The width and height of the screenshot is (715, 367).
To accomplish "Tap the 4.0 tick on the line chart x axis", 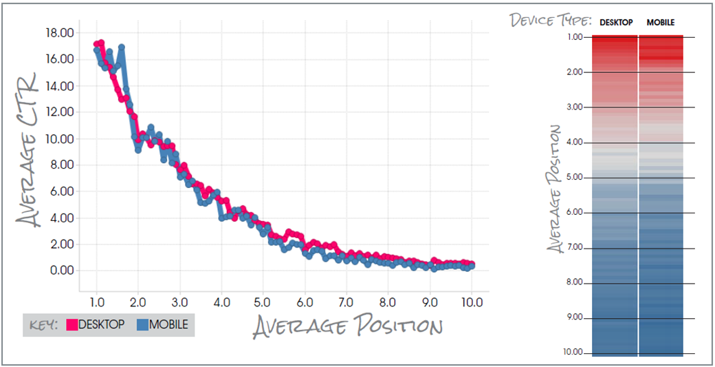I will [221, 302].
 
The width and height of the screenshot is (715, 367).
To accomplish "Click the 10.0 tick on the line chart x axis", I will [472, 302].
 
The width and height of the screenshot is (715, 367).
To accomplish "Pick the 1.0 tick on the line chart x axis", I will [97, 302].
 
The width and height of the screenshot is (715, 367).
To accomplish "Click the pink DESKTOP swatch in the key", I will [71, 324].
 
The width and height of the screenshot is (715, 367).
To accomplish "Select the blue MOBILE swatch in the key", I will [142, 324].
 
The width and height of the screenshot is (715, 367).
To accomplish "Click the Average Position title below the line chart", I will [348, 326].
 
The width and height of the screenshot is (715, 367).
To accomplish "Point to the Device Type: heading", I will [551, 20].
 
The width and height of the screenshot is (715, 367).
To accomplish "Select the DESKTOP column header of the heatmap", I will [616, 23].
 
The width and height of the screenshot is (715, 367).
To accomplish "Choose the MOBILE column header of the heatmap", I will [661, 23].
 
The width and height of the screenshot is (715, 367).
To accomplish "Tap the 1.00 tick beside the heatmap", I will [575, 36].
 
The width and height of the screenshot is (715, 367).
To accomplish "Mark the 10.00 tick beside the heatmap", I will [573, 353].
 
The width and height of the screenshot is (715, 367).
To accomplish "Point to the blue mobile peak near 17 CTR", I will [122, 48].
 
